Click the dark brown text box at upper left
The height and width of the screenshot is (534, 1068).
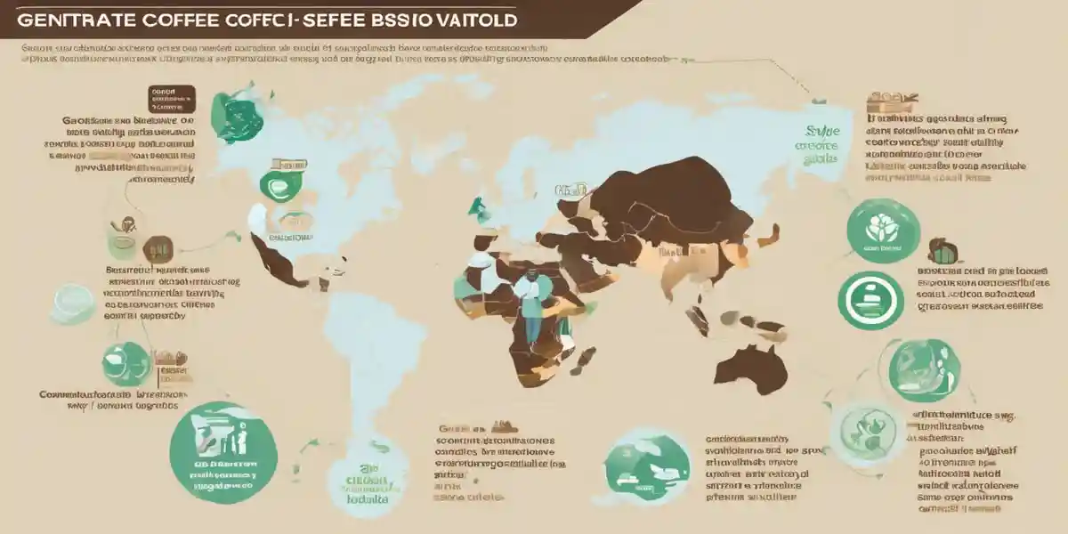(171, 99)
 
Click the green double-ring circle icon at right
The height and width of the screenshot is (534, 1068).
(871, 300)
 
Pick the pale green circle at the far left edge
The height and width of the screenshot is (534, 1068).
(73, 303)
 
